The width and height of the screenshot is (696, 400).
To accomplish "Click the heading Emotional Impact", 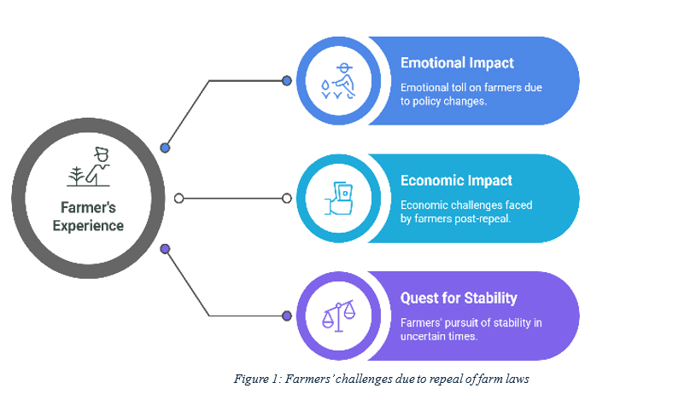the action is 457,63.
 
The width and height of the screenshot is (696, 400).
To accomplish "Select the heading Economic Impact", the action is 456,181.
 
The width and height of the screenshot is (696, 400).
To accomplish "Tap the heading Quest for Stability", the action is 459,298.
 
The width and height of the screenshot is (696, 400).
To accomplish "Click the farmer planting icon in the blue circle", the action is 338,81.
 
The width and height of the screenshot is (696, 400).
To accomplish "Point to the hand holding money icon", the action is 339,198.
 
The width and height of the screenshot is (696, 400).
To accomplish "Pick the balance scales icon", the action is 339,316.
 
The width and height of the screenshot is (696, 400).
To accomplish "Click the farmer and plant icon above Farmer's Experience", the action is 88,166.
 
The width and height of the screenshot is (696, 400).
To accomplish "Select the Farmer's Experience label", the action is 88,217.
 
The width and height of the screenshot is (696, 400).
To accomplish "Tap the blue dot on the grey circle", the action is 165,148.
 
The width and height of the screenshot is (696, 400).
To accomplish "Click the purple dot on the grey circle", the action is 165,249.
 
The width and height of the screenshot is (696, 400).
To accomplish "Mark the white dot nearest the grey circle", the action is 178,198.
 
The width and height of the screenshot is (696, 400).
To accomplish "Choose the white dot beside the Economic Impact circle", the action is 287,198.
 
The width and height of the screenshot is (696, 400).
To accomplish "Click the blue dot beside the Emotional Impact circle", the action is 287,81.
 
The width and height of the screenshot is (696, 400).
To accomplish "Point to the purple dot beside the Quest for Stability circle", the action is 287,316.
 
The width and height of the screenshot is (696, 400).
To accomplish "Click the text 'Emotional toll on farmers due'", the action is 471,87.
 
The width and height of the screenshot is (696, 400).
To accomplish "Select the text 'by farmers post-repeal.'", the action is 455,218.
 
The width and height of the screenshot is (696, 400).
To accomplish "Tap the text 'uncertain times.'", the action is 439,336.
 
